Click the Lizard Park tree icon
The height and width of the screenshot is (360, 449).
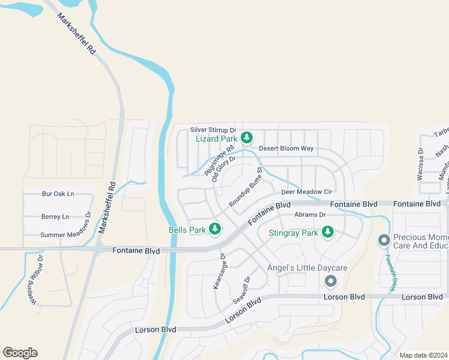(x=246, y=139)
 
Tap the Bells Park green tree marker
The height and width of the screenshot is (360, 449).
(x=214, y=229)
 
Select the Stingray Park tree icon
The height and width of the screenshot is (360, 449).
(x=327, y=232)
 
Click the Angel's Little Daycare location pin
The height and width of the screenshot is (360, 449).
(x=330, y=281)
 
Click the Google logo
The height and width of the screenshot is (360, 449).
(x=20, y=352)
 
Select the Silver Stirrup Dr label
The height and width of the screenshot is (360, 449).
(x=214, y=130)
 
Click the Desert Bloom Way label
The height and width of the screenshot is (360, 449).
(x=286, y=148)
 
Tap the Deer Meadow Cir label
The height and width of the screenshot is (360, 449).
(x=307, y=192)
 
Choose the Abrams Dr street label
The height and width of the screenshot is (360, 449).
(x=310, y=214)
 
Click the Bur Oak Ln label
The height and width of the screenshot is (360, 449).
(x=58, y=194)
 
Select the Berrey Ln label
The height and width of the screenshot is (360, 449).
(x=55, y=217)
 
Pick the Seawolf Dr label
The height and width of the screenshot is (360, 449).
(x=241, y=290)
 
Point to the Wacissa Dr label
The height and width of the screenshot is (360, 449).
(x=420, y=165)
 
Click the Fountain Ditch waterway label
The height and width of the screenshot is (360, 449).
(x=390, y=274)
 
